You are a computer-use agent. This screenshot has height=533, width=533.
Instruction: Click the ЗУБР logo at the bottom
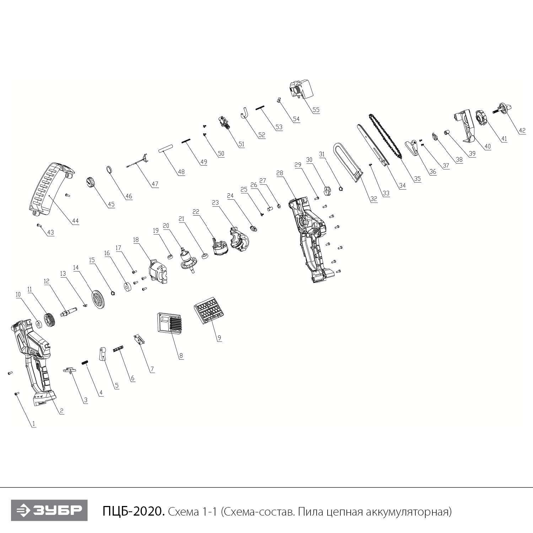coord(49,511)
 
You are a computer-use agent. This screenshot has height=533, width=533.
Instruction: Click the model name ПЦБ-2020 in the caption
coord(134,512)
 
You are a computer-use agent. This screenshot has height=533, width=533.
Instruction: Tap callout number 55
coord(316,110)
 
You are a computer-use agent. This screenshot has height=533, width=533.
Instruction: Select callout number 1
coord(34,424)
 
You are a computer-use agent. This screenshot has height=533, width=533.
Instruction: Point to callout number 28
coord(280,173)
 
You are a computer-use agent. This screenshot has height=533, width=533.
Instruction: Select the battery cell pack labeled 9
coord(209,310)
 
